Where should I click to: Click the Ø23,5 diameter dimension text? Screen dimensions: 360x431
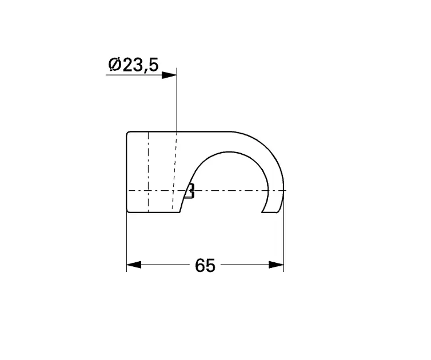[132, 65]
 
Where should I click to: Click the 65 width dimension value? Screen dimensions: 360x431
[205, 265]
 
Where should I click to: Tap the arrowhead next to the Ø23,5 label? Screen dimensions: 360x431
[169, 75]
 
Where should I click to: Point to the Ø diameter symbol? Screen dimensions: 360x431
[114, 65]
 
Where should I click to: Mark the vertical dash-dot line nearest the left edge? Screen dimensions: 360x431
[148, 171]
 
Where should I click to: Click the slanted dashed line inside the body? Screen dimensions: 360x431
[174, 171]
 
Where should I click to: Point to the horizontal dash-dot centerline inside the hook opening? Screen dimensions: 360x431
[229, 190]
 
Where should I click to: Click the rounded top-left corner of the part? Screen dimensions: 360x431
[128, 134]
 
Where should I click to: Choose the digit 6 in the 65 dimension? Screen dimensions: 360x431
[199, 265]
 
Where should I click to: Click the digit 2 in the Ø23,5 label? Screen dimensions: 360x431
[126, 65]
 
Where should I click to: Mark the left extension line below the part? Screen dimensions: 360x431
[126, 240]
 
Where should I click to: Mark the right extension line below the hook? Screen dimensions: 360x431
[284, 240]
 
